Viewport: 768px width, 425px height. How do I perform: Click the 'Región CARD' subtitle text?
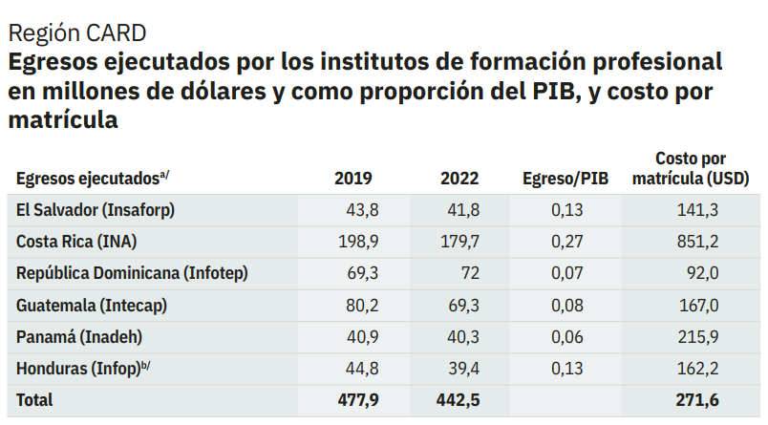pyautogui.click(x=77, y=33)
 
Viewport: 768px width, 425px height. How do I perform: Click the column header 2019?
pyautogui.click(x=353, y=179)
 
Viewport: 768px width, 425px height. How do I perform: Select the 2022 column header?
pyautogui.click(x=459, y=179)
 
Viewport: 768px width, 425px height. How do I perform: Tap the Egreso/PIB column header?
pyautogui.click(x=565, y=179)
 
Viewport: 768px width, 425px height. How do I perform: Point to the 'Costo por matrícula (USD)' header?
pyautogui.click(x=691, y=168)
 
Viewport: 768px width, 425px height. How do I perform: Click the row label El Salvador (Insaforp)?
pyautogui.click(x=96, y=210)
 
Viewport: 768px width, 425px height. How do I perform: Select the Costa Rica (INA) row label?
pyautogui.click(x=76, y=242)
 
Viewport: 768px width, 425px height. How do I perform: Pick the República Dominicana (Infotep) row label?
pyautogui.click(x=132, y=273)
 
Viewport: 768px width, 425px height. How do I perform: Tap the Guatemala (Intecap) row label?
pyautogui.click(x=92, y=306)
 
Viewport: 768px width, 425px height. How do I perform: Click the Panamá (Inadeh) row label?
pyautogui.click(x=79, y=337)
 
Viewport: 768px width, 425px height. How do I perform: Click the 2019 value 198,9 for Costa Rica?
pyautogui.click(x=358, y=242)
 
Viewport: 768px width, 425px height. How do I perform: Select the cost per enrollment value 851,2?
pyautogui.click(x=697, y=242)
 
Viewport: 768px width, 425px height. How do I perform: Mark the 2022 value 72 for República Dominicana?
pyautogui.click(x=470, y=273)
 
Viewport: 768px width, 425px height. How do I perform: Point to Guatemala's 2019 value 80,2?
pyautogui.click(x=362, y=306)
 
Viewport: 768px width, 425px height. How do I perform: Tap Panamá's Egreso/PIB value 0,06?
pyautogui.click(x=567, y=337)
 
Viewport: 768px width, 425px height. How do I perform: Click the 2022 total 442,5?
pyautogui.click(x=458, y=400)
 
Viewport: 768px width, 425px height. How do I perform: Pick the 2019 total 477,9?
pyautogui.click(x=358, y=400)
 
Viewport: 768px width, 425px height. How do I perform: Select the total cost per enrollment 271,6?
pyautogui.click(x=697, y=400)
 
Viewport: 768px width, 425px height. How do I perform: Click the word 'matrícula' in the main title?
pyautogui.click(x=63, y=120)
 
